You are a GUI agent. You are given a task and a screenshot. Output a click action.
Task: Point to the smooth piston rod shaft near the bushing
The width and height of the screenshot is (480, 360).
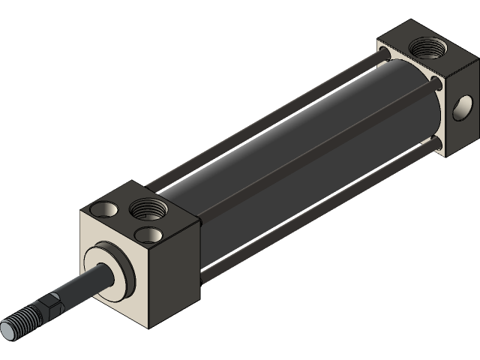pyautogui.click(x=82, y=286)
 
